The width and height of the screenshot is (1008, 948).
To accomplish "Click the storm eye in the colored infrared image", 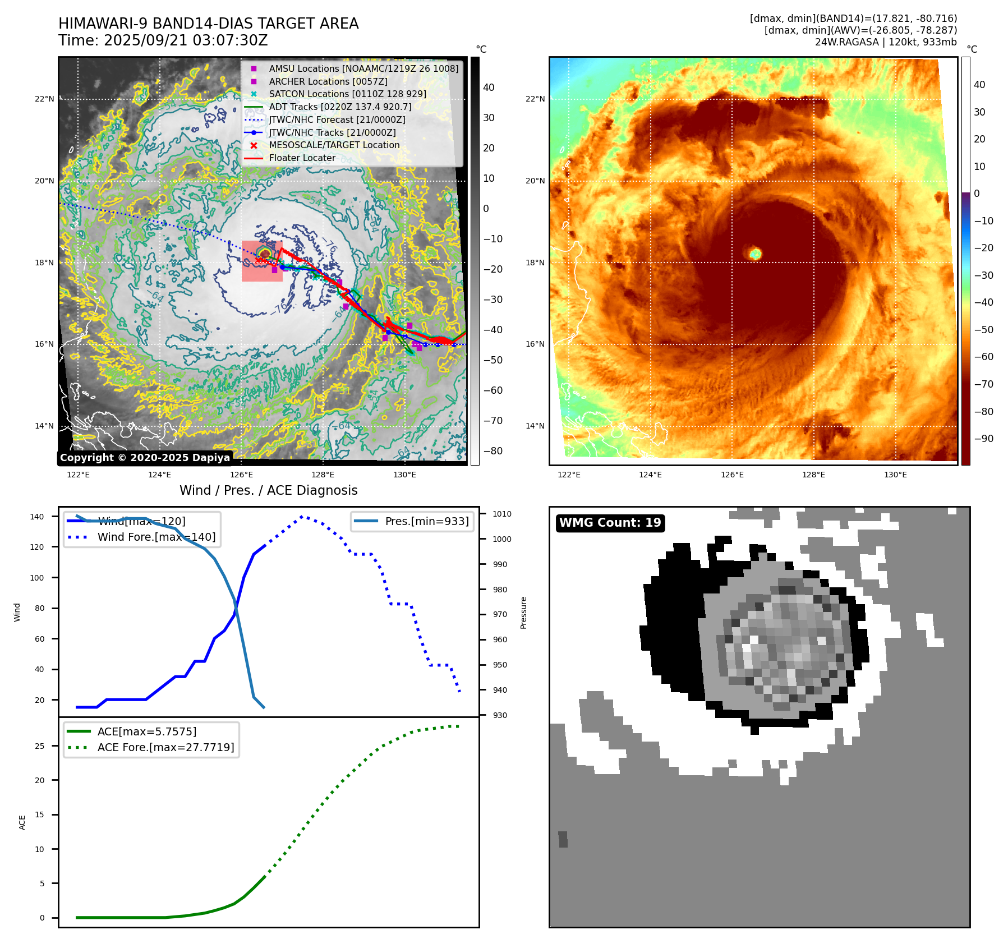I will pyautogui.click(x=755, y=254).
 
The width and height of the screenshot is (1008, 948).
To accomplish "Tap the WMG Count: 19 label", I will pyautogui.click(x=610, y=523).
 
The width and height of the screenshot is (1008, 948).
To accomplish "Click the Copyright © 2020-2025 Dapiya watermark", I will pyautogui.click(x=145, y=458).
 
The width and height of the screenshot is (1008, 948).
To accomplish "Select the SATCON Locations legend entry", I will pyautogui.click(x=347, y=94).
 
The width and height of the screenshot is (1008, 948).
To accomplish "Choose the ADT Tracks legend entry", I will pyautogui.click(x=340, y=107).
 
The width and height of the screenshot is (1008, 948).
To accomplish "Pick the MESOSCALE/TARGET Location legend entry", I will pyautogui.click(x=334, y=145).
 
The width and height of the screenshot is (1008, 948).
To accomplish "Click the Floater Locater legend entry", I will pyautogui.click(x=302, y=158).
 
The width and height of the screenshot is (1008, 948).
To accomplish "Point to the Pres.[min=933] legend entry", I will pyautogui.click(x=426, y=521).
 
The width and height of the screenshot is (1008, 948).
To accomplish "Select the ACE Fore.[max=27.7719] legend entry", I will pyautogui.click(x=165, y=747).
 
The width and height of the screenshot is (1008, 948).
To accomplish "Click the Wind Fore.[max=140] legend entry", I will pyautogui.click(x=156, y=537).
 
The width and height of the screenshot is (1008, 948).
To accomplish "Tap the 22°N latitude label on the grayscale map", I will pyautogui.click(x=45, y=99).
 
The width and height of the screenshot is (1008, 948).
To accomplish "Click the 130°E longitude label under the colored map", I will pyautogui.click(x=895, y=475).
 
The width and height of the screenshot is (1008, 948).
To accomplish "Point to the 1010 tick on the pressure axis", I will pyautogui.click(x=501, y=514).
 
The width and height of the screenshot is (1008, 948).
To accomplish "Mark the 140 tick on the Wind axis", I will pyautogui.click(x=37, y=517).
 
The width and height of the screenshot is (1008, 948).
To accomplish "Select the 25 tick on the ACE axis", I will pyautogui.click(x=40, y=746).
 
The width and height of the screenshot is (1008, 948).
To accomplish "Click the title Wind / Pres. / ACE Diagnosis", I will pyautogui.click(x=268, y=490).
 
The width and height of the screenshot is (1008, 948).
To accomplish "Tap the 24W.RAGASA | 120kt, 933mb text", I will pyautogui.click(x=886, y=42).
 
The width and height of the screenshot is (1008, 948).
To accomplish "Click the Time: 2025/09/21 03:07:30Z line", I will pyautogui.click(x=163, y=40).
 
